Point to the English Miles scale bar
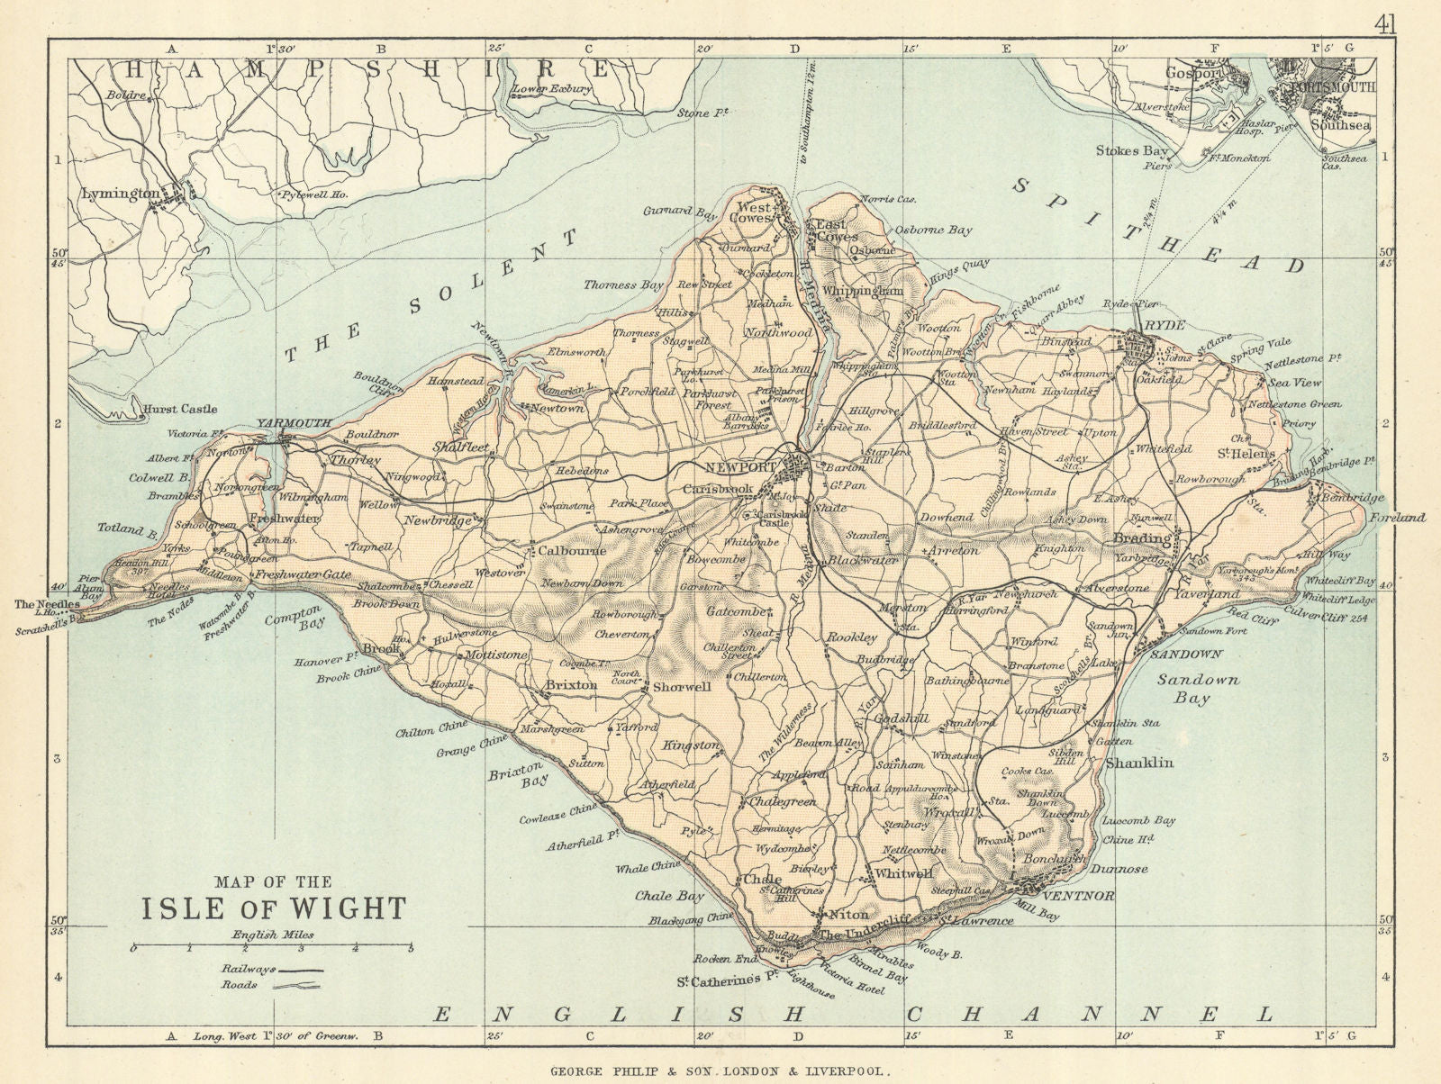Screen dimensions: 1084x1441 pyautogui.click(x=271, y=948)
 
